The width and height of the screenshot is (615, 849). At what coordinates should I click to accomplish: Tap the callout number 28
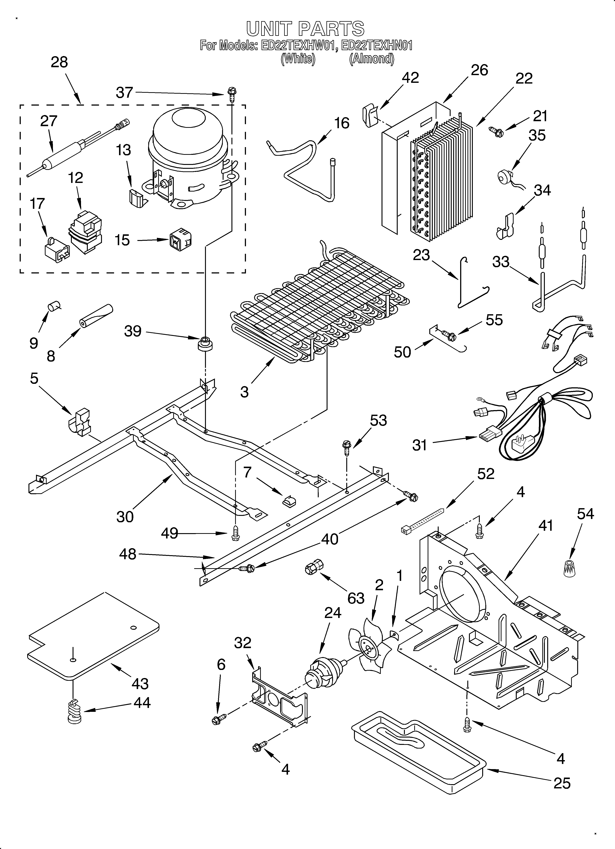click(x=59, y=62)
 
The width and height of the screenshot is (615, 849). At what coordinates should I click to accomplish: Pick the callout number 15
click(x=122, y=240)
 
